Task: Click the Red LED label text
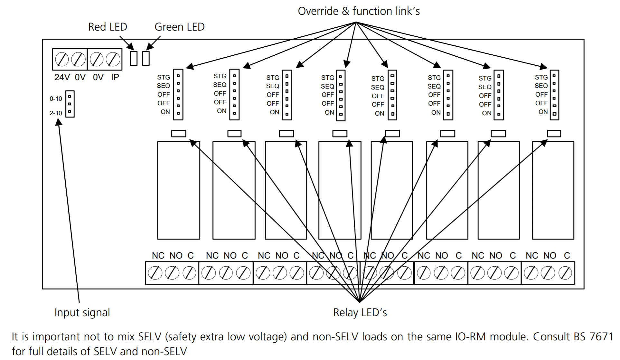(x=108, y=27)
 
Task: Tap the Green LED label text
(x=179, y=27)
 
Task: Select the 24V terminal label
(x=62, y=78)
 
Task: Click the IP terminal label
(x=115, y=78)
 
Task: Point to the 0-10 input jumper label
(x=56, y=99)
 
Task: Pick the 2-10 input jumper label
(x=56, y=113)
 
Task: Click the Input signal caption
(x=82, y=313)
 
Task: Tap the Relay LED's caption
(x=360, y=313)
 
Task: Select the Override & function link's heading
(x=359, y=11)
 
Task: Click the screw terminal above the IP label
(x=113, y=60)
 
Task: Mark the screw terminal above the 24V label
(x=62, y=60)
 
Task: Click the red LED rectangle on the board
(x=134, y=58)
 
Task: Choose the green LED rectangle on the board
(x=146, y=58)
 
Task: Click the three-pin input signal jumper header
(x=70, y=104)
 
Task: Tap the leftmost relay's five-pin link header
(x=178, y=95)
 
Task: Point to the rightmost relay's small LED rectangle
(x=554, y=133)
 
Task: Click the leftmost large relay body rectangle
(x=178, y=190)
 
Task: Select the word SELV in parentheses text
(x=149, y=337)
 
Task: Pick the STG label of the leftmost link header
(x=164, y=78)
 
